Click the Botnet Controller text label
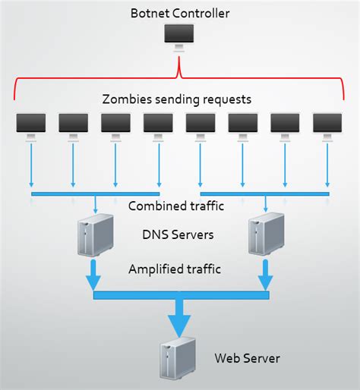179,13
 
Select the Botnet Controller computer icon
179,36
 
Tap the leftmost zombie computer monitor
30,124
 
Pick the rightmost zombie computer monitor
327,124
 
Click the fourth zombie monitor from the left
158,124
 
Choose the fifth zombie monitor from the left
201,124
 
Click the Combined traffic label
179,206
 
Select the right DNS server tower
265,234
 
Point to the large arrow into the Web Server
179,317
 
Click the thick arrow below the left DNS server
94,275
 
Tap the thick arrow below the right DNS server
266,275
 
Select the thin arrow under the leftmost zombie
30,165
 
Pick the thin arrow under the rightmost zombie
327,165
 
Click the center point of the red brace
179,73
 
